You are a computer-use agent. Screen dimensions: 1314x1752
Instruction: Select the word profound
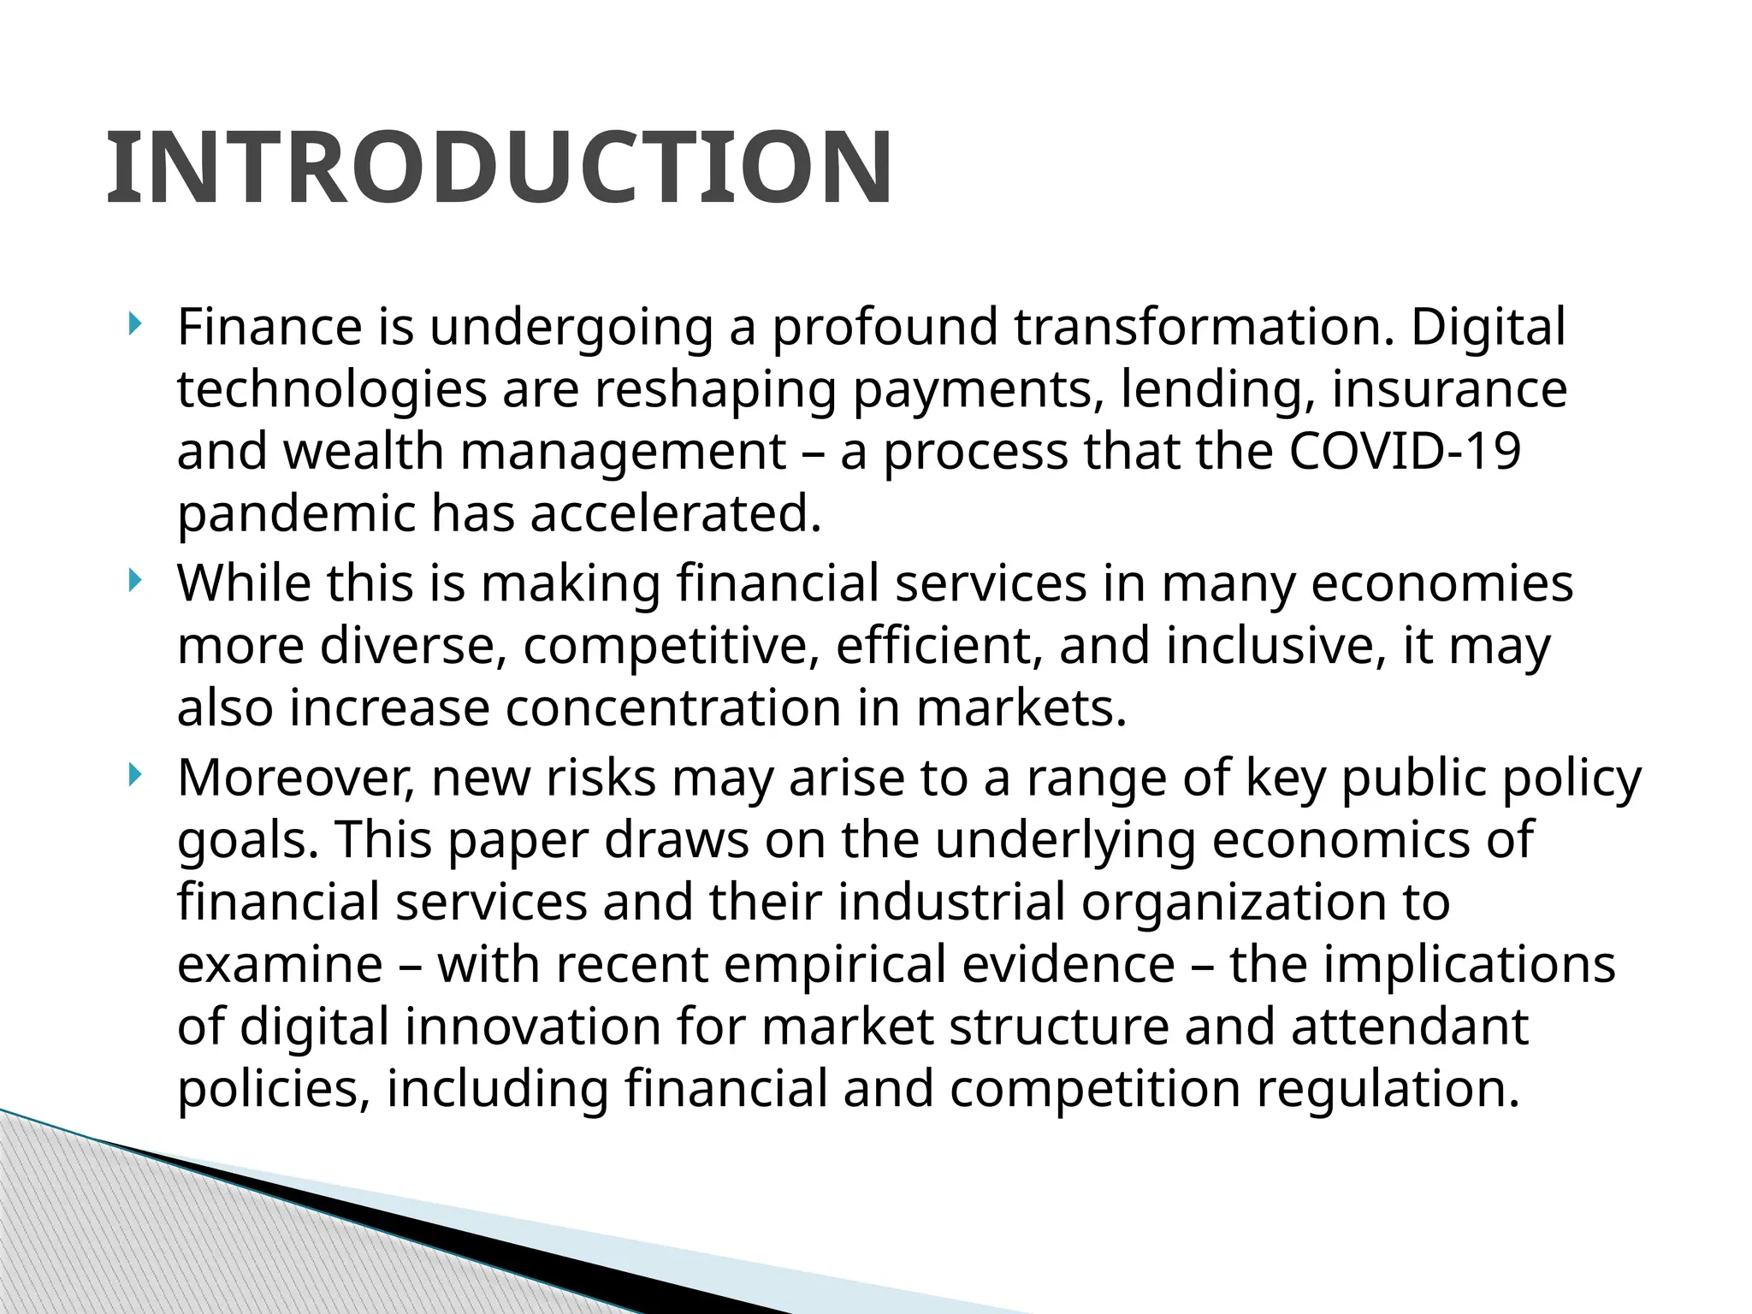point(885,328)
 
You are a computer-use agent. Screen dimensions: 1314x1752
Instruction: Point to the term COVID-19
point(1404,452)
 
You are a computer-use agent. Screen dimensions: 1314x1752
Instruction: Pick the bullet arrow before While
point(133,582)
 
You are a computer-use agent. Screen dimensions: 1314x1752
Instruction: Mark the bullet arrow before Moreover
point(133,776)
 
